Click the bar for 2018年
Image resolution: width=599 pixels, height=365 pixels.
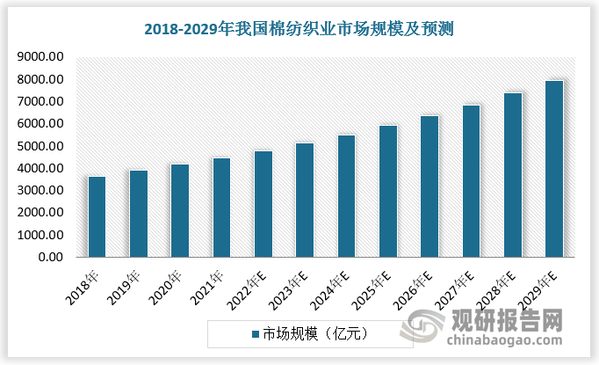(x=97, y=216)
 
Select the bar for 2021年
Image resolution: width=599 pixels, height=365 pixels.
(x=221, y=208)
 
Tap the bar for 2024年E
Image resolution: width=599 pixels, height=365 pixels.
(x=346, y=196)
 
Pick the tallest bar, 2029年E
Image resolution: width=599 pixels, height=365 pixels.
(x=554, y=169)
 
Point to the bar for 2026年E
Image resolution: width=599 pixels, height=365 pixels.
(x=429, y=186)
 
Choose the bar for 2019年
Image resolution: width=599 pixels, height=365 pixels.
(x=138, y=214)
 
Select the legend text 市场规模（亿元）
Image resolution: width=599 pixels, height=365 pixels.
(x=313, y=334)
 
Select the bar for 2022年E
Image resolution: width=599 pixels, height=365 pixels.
(x=263, y=204)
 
